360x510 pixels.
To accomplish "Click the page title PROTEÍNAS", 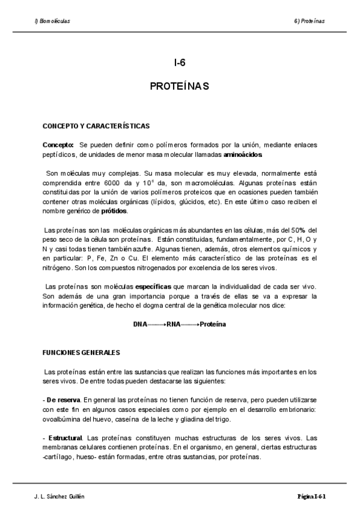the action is pyautogui.click(x=179, y=87).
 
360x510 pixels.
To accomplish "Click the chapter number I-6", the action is pyautogui.click(x=179, y=63).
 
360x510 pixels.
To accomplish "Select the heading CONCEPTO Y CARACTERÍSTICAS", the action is pyautogui.click(x=96, y=127).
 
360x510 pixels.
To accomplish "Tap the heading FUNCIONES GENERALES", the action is pyautogui.click(x=81, y=352).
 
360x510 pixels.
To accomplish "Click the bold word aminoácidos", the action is pyautogui.click(x=243, y=155).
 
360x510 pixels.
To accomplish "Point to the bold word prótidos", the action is pyautogui.click(x=114, y=211).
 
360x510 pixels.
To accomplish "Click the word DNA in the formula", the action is pyautogui.click(x=140, y=324).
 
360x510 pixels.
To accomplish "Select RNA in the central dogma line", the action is pyautogui.click(x=174, y=324).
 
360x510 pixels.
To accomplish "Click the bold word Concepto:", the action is pyautogui.click(x=58, y=145).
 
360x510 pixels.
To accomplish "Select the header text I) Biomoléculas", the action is pyautogui.click(x=52, y=20).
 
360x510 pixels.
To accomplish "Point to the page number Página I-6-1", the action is pyautogui.click(x=311, y=497).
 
